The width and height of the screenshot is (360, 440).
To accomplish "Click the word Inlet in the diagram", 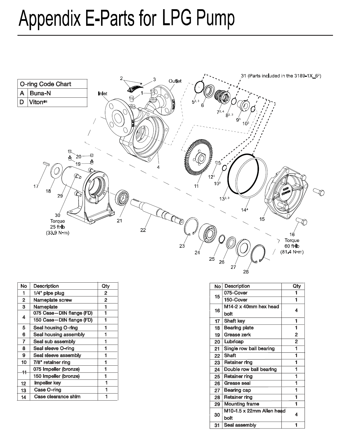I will pyautogui.click(x=102, y=93).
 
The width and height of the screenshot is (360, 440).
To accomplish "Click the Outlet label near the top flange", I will pyautogui.click(x=175, y=81).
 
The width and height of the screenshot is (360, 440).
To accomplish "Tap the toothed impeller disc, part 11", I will pyautogui.click(x=200, y=159).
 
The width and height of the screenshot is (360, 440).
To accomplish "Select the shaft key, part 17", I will pyautogui.click(x=46, y=163).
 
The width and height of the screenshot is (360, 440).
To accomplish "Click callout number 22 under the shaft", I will pyautogui.click(x=143, y=230).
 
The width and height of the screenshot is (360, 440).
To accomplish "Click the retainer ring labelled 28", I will pyautogui.click(x=258, y=254).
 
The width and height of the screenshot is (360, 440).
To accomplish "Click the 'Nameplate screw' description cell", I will pyautogui.click(x=52, y=300).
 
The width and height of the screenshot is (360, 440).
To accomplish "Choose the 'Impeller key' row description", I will pyautogui.click(x=47, y=383).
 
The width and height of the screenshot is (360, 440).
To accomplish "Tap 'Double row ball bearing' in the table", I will pyautogui.click(x=250, y=369).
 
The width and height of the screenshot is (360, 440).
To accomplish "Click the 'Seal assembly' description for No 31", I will pyautogui.click(x=240, y=425).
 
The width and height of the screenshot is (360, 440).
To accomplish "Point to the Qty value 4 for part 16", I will pyautogui.click(x=296, y=310).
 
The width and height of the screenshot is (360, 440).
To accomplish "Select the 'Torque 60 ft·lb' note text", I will pyautogui.click(x=292, y=244).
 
